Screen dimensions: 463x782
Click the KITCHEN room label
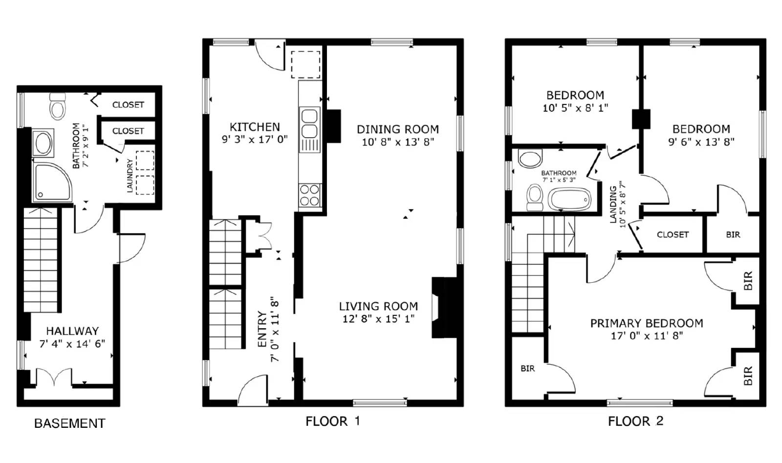[x=255, y=127]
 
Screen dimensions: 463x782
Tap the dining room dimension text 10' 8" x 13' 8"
[x=398, y=142]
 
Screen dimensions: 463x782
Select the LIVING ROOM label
[x=378, y=306]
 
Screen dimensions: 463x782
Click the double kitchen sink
[x=309, y=124]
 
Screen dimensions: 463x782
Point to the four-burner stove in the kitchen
[x=309, y=195]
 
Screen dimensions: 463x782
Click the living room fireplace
[x=444, y=308]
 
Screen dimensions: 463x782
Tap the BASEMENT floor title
[x=69, y=423]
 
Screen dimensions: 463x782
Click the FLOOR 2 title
[x=635, y=421]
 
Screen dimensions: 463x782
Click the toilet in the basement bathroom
[x=58, y=107]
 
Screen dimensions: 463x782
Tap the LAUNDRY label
[x=130, y=175]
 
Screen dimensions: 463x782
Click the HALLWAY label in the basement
[x=72, y=331]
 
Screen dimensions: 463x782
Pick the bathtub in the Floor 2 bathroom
[x=569, y=200]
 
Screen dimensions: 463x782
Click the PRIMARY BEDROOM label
[x=646, y=323]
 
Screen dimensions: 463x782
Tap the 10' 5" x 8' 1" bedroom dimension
[x=575, y=108]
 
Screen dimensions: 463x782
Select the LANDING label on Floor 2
[x=613, y=204]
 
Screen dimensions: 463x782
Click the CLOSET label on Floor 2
[x=673, y=234]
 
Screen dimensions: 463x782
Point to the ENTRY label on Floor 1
[x=262, y=330]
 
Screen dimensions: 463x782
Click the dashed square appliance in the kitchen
[x=306, y=64]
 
